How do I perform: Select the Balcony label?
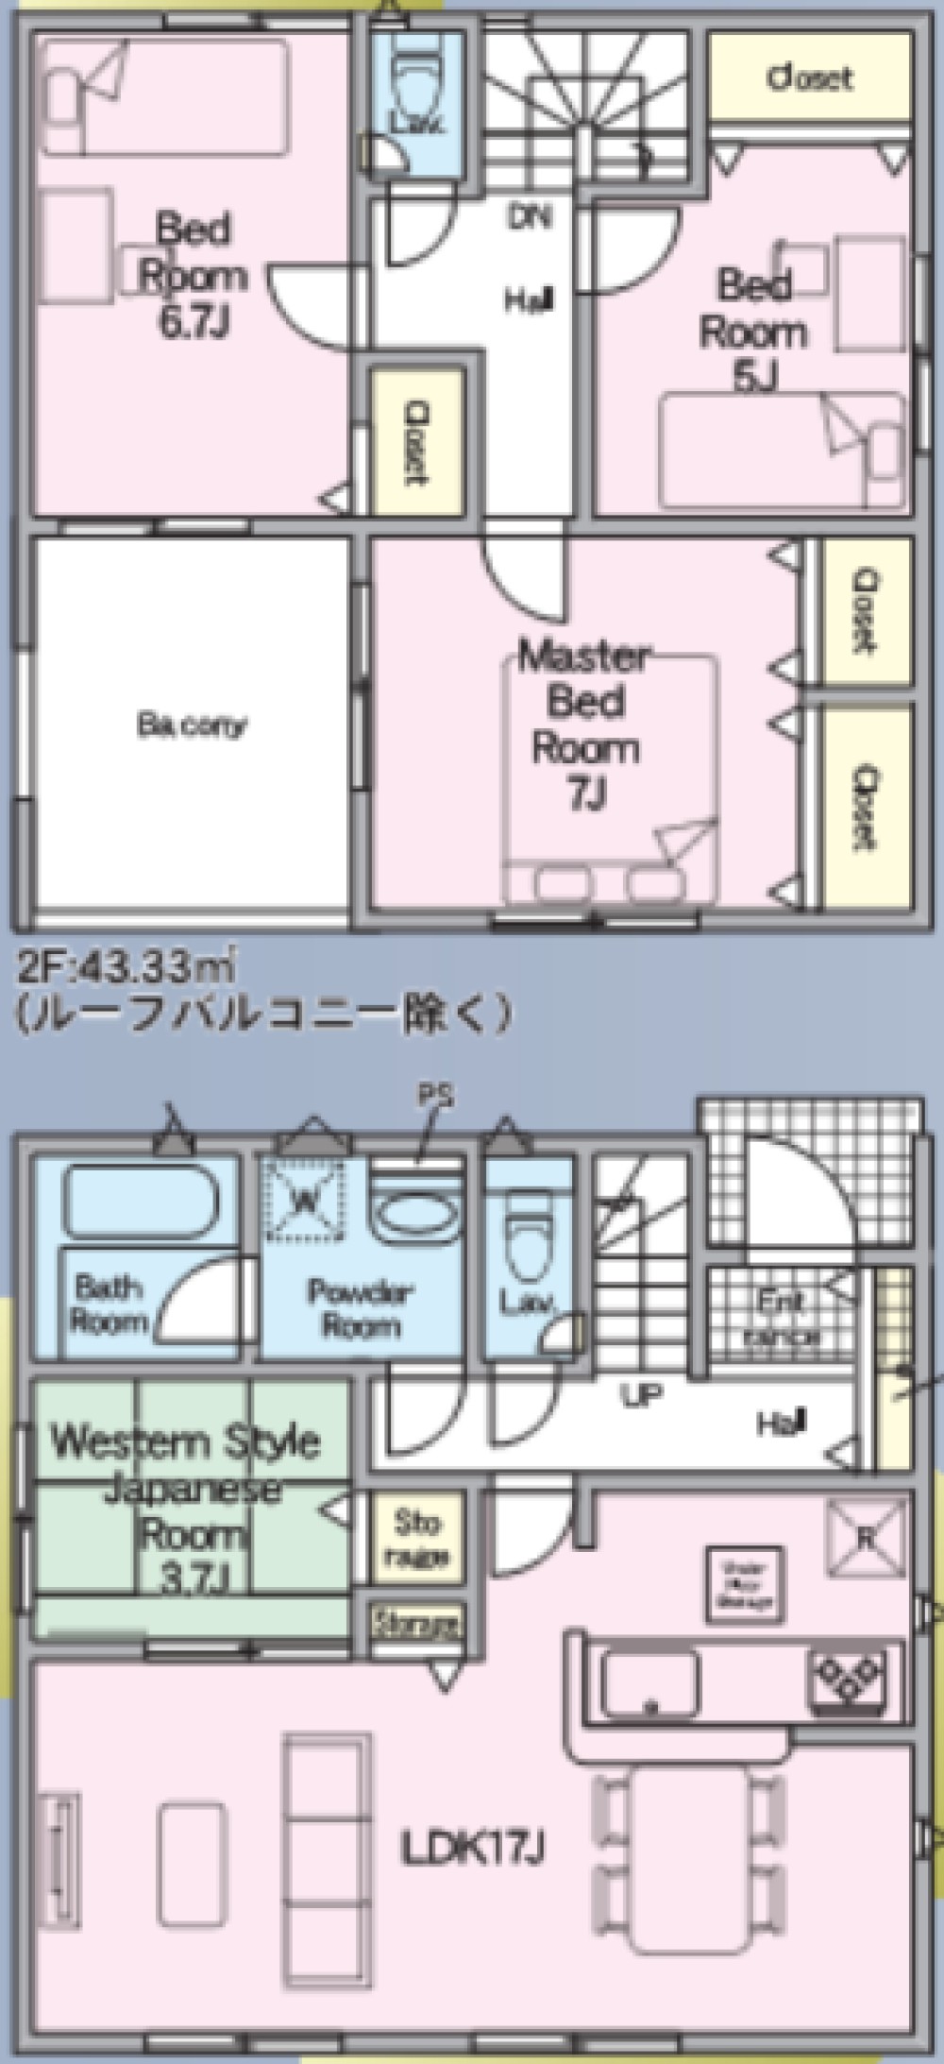pos(193,725)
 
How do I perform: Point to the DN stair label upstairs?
pos(530,218)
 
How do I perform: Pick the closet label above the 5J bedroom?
pos(810,77)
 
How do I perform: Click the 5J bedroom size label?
pos(754,378)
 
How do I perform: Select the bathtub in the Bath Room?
pos(139,1201)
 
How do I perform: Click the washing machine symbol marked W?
pos(305,1201)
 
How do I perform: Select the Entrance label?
pos(783,1318)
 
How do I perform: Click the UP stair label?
pos(641,1394)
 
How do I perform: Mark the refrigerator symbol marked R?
pos(866,1539)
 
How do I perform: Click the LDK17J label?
pos(471,1847)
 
